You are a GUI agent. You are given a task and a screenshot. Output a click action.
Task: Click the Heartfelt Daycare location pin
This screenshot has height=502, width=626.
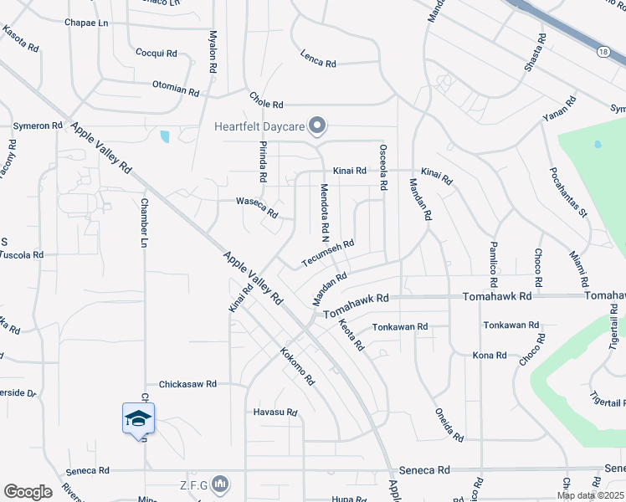pyautogui.click(x=317, y=126)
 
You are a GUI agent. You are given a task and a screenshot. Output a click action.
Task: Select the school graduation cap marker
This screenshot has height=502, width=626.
pyautogui.click(x=138, y=417)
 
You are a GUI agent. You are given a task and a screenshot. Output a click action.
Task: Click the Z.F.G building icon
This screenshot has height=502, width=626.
pyautogui.click(x=220, y=483)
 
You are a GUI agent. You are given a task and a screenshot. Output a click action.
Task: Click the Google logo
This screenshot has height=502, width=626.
pyautogui.click(x=28, y=491)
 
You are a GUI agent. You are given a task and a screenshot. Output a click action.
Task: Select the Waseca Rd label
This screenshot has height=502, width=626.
pyautogui.click(x=256, y=207)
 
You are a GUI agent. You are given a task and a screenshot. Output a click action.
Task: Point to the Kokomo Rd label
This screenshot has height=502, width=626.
pyautogui.click(x=297, y=366)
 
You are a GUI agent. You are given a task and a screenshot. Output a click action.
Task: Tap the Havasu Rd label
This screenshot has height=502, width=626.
pyautogui.click(x=275, y=412)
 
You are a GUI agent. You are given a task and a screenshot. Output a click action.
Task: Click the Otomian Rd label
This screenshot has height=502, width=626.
pyautogui.click(x=176, y=88)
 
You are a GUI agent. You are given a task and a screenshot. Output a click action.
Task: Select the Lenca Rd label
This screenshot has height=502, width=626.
pyautogui.click(x=318, y=59)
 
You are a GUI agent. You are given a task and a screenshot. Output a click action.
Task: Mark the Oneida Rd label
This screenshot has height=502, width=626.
pyautogui.click(x=449, y=425)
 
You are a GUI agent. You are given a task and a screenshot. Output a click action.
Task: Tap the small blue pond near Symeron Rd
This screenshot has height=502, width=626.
pyautogui.click(x=165, y=136)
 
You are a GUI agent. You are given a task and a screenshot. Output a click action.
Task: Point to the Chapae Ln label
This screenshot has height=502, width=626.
pyautogui.click(x=86, y=23)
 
